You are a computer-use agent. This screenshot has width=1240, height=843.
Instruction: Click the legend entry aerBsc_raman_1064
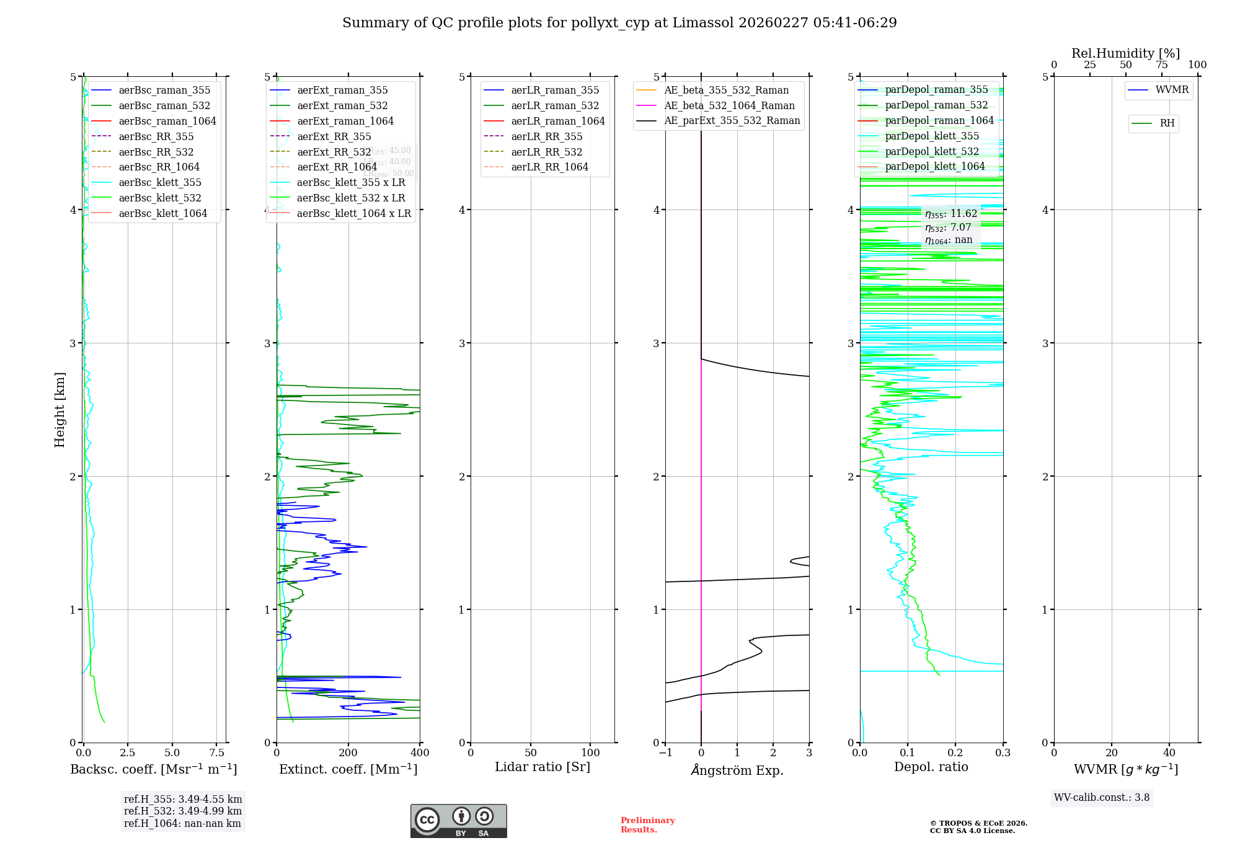(x=167, y=121)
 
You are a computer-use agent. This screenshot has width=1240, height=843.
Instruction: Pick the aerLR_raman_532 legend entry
(x=555, y=105)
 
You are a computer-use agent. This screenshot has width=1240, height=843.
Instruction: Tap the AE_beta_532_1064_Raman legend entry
(x=729, y=105)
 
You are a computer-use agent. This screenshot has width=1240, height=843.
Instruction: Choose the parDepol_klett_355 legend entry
(x=932, y=136)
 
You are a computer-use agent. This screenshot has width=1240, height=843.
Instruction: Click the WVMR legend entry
(x=1172, y=90)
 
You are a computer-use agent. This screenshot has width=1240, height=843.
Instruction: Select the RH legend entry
(x=1167, y=123)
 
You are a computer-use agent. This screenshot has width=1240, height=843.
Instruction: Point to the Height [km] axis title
(x=60, y=409)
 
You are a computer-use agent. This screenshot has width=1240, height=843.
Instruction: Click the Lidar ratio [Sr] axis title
(x=542, y=767)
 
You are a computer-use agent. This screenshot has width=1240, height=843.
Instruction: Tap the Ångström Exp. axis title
(x=737, y=770)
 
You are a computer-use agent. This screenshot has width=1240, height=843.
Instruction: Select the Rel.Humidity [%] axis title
(x=1125, y=53)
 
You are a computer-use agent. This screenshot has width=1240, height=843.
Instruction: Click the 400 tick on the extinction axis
(x=420, y=753)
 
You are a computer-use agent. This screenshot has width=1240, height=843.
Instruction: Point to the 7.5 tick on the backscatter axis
(x=216, y=753)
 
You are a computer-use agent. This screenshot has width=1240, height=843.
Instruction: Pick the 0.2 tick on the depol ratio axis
(x=955, y=753)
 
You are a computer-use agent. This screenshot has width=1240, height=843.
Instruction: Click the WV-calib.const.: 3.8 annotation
(x=1102, y=798)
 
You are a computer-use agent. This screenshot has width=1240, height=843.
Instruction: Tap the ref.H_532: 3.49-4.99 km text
(x=183, y=811)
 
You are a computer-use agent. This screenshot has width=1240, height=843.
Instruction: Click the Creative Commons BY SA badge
(x=458, y=821)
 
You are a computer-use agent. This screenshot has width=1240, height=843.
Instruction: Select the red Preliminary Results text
(x=647, y=825)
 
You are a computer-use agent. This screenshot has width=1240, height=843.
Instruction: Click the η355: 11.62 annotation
(x=951, y=214)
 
